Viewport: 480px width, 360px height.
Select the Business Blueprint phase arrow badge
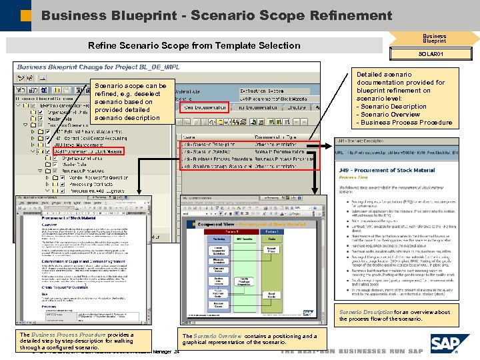pos(435,39)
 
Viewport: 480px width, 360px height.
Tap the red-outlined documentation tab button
pos(203,107)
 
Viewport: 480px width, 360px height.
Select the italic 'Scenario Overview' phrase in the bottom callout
pos(219,336)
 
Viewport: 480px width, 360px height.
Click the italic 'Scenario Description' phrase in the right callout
pos(366,312)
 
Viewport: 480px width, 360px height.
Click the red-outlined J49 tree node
pos(86,151)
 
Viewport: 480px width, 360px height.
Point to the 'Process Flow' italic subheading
pos(353,179)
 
